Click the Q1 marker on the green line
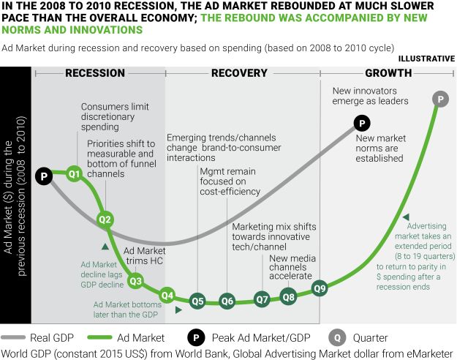coord(74,173)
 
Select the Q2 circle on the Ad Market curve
coord(105,219)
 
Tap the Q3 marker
coord(135,280)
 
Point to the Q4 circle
coord(167,295)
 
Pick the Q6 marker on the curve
coord(227,301)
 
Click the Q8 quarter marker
coord(289,296)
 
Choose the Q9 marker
coord(320,288)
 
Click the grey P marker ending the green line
coord(440,98)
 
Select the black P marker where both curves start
coord(44,176)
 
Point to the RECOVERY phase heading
coord(239,73)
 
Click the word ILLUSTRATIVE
coord(426,58)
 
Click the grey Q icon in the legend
coord(336,338)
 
